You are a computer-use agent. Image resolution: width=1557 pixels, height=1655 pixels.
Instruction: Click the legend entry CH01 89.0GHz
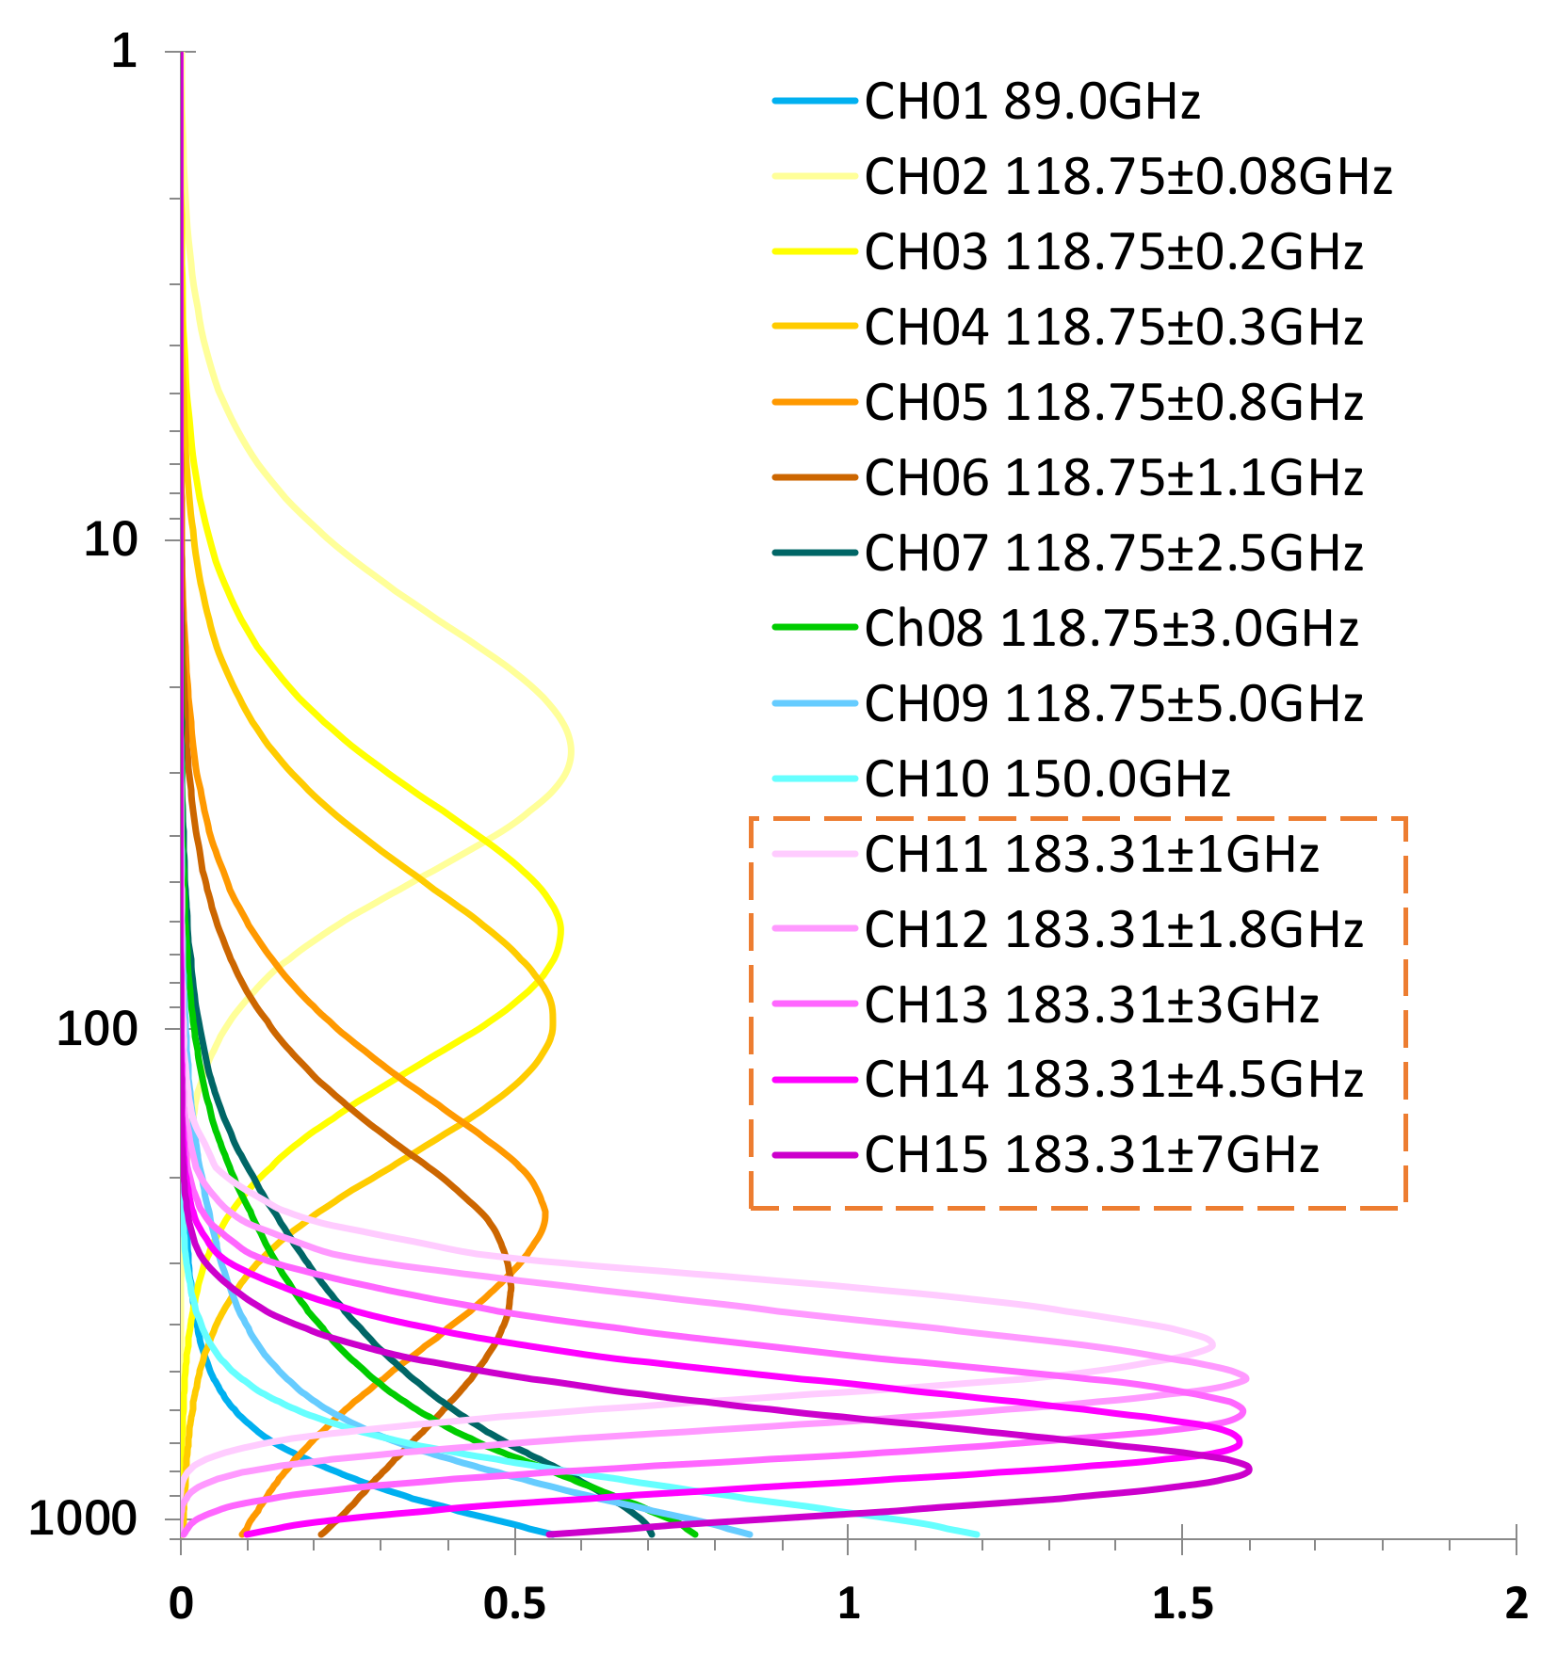pyautogui.click(x=1031, y=102)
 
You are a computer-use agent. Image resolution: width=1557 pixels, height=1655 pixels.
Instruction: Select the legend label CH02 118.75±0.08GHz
pyautogui.click(x=1127, y=177)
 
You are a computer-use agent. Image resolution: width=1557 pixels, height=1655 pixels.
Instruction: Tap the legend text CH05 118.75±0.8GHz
pyautogui.click(x=1113, y=403)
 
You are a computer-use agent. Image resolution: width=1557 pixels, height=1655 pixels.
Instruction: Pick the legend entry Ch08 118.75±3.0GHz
pyautogui.click(x=1111, y=629)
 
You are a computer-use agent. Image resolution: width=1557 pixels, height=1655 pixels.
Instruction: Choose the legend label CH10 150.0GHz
pyautogui.click(x=1046, y=779)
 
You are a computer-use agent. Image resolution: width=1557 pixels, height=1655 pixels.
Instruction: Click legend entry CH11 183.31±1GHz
pyautogui.click(x=1091, y=855)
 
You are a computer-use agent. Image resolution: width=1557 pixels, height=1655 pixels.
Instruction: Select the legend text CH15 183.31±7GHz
pyautogui.click(x=1091, y=1155)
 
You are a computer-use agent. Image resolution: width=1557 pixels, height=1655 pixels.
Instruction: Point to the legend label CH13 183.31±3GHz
pyautogui.click(x=1091, y=1004)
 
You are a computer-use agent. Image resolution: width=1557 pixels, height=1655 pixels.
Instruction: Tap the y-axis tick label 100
pyautogui.click(x=97, y=1028)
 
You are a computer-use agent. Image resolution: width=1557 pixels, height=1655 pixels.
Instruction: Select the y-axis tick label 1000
pyautogui.click(x=83, y=1518)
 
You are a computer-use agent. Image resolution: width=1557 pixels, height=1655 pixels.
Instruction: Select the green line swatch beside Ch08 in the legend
pyautogui.click(x=815, y=628)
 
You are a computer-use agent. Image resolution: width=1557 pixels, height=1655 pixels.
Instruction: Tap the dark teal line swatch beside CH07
pyautogui.click(x=815, y=553)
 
